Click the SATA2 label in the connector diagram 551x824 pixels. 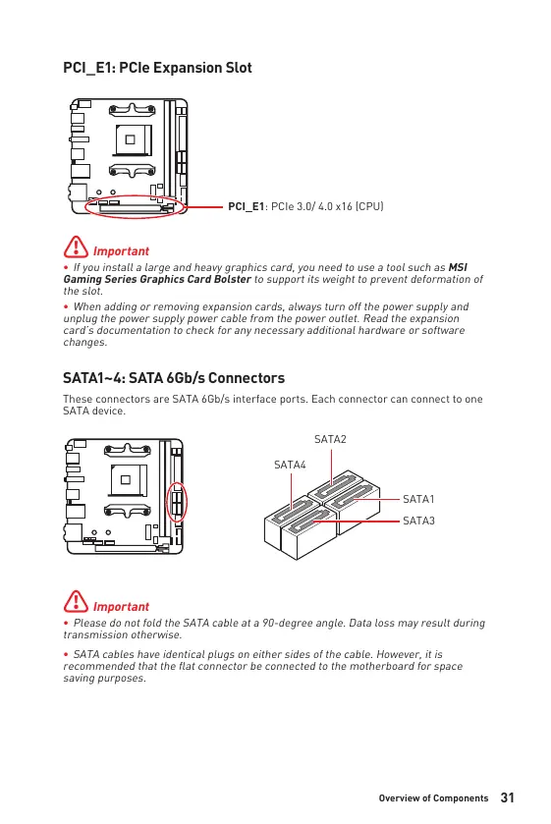(330, 439)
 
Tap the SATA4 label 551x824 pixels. (290, 466)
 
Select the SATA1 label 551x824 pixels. (418, 499)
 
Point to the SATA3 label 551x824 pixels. (418, 521)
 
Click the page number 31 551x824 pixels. (508, 797)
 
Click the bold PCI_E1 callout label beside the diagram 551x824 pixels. (247, 206)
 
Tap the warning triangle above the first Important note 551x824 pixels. (77, 247)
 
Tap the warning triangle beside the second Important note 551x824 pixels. (77, 601)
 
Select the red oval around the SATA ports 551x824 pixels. (177, 483)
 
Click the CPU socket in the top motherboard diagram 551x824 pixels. (133, 139)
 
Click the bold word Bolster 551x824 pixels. (233, 280)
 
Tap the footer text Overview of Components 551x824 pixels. (434, 798)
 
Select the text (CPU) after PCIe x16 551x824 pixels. (369, 206)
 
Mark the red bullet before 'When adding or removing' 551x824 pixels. (66, 306)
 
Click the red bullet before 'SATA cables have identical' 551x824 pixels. (66, 655)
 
